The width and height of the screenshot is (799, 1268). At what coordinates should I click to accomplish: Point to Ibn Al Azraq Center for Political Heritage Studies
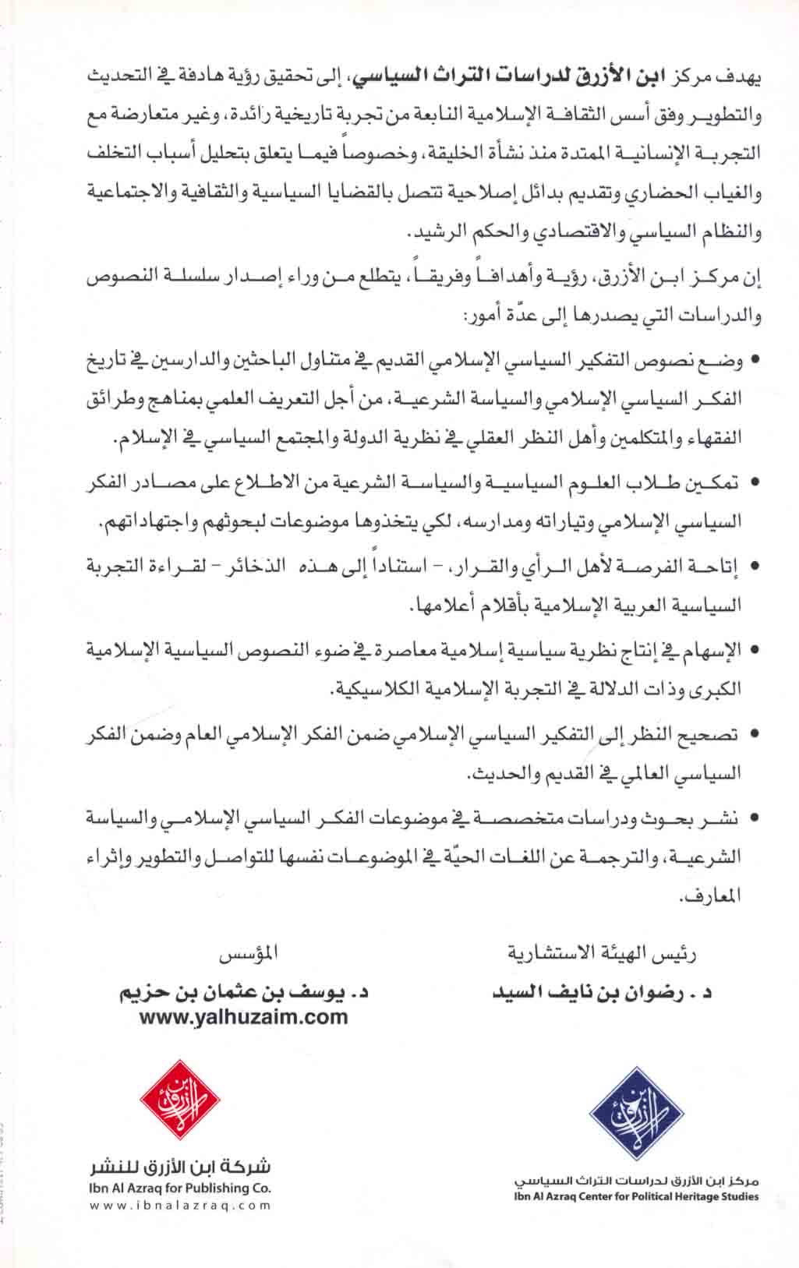(636, 1218)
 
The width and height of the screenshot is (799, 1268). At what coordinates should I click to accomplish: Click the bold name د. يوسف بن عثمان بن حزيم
(243, 994)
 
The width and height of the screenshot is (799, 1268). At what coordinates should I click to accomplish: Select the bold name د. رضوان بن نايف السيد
(604, 994)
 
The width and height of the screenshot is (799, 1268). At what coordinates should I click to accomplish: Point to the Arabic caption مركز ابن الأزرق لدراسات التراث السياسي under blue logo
(636, 1202)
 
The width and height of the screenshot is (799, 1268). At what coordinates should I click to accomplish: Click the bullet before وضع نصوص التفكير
(754, 361)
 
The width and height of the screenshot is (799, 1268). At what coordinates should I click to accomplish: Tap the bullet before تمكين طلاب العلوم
(754, 484)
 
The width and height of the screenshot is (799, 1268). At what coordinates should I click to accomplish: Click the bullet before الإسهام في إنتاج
(754, 649)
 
